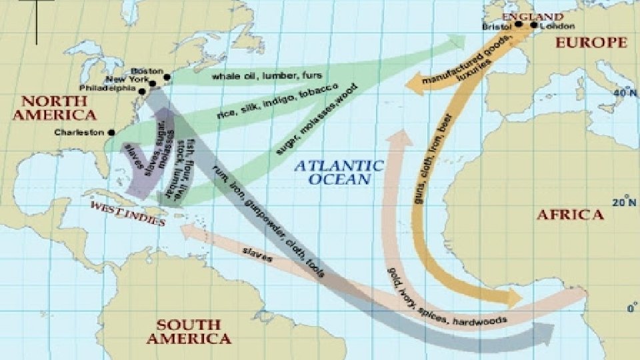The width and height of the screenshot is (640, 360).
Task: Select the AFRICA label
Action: tap(571, 215)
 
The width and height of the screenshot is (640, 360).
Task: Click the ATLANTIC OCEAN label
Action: tap(340, 172)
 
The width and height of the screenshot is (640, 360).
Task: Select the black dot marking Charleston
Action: tap(111, 133)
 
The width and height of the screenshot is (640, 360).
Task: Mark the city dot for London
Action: tap(533, 25)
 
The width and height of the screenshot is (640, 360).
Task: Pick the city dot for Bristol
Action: tap(518, 25)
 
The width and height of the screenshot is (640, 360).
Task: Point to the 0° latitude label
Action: tap(631, 308)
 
